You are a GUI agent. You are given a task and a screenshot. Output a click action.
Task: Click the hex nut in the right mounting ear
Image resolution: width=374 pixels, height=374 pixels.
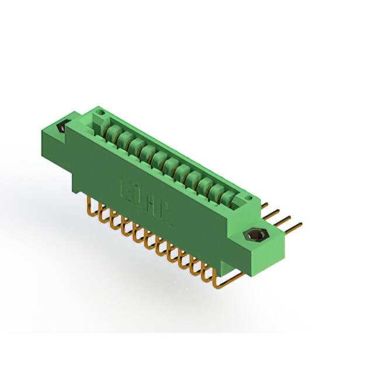[255, 236]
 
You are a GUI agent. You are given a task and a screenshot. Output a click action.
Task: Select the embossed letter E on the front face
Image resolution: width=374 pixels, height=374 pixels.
[124, 187]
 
